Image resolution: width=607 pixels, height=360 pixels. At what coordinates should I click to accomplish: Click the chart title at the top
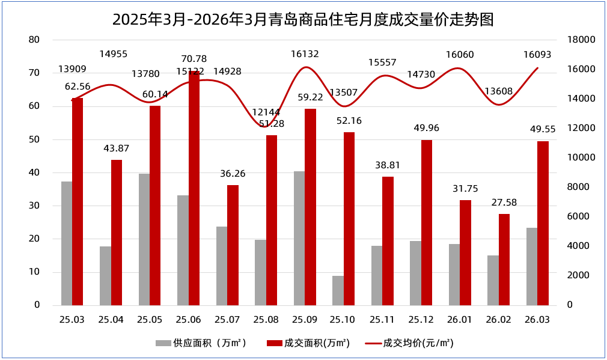coord(303,19)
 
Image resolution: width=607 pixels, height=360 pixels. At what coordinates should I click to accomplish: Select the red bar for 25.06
coord(194,188)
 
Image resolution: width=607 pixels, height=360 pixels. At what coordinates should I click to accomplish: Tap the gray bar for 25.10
coord(338,290)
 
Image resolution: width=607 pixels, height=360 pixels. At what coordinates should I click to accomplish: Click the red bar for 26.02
coord(504,259)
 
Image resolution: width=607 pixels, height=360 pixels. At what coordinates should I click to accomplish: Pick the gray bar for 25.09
coord(299,238)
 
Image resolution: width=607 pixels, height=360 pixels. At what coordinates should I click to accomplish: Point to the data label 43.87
coord(116,148)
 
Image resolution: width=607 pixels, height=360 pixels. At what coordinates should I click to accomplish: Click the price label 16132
coord(305,54)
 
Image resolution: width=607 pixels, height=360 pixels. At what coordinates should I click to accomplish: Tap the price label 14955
coord(114,54)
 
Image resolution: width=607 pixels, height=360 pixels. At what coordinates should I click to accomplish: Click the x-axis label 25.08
coord(266,320)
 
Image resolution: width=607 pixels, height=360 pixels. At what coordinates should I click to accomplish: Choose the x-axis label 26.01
coord(460,320)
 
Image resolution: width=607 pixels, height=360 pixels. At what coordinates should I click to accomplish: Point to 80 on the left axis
coord(34,40)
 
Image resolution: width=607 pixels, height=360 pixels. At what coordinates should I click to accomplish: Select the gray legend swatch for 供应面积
coord(163,343)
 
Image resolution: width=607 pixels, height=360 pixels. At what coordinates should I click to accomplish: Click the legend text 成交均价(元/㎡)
coord(418,343)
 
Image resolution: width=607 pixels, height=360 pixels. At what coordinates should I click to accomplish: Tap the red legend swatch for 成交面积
coord(274,343)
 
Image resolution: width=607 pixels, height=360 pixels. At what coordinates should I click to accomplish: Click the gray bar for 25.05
coord(144,239)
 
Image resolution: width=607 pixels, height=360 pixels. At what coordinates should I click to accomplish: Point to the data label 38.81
coord(388,165)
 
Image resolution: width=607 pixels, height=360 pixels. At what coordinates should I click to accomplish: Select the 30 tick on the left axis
coord(34,206)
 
